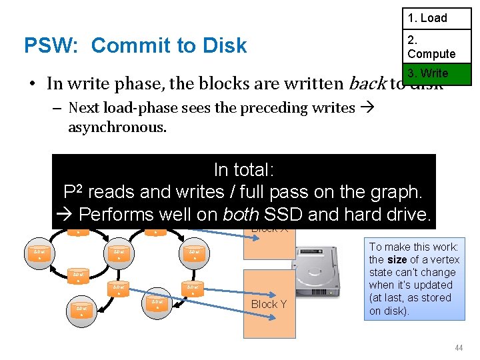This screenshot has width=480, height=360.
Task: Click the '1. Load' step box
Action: coord(436,18)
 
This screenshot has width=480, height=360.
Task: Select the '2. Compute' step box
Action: coord(436,47)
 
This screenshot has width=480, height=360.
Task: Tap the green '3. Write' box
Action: coord(436,73)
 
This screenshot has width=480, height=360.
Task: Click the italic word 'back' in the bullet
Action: coord(367,84)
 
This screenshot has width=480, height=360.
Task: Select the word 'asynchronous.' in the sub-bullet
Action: coord(117,127)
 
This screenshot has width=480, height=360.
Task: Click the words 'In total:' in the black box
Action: coord(244,169)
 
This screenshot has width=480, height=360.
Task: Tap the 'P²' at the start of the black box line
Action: coord(73,191)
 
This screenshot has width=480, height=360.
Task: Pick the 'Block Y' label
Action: coord(269,304)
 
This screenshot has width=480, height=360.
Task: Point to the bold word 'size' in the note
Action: coord(397,260)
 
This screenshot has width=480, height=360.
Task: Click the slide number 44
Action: coord(458,348)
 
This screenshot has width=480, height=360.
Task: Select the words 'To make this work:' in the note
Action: coord(413,247)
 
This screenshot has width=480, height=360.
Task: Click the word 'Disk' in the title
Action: coord(223,45)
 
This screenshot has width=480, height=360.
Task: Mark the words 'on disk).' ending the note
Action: coord(391,311)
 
